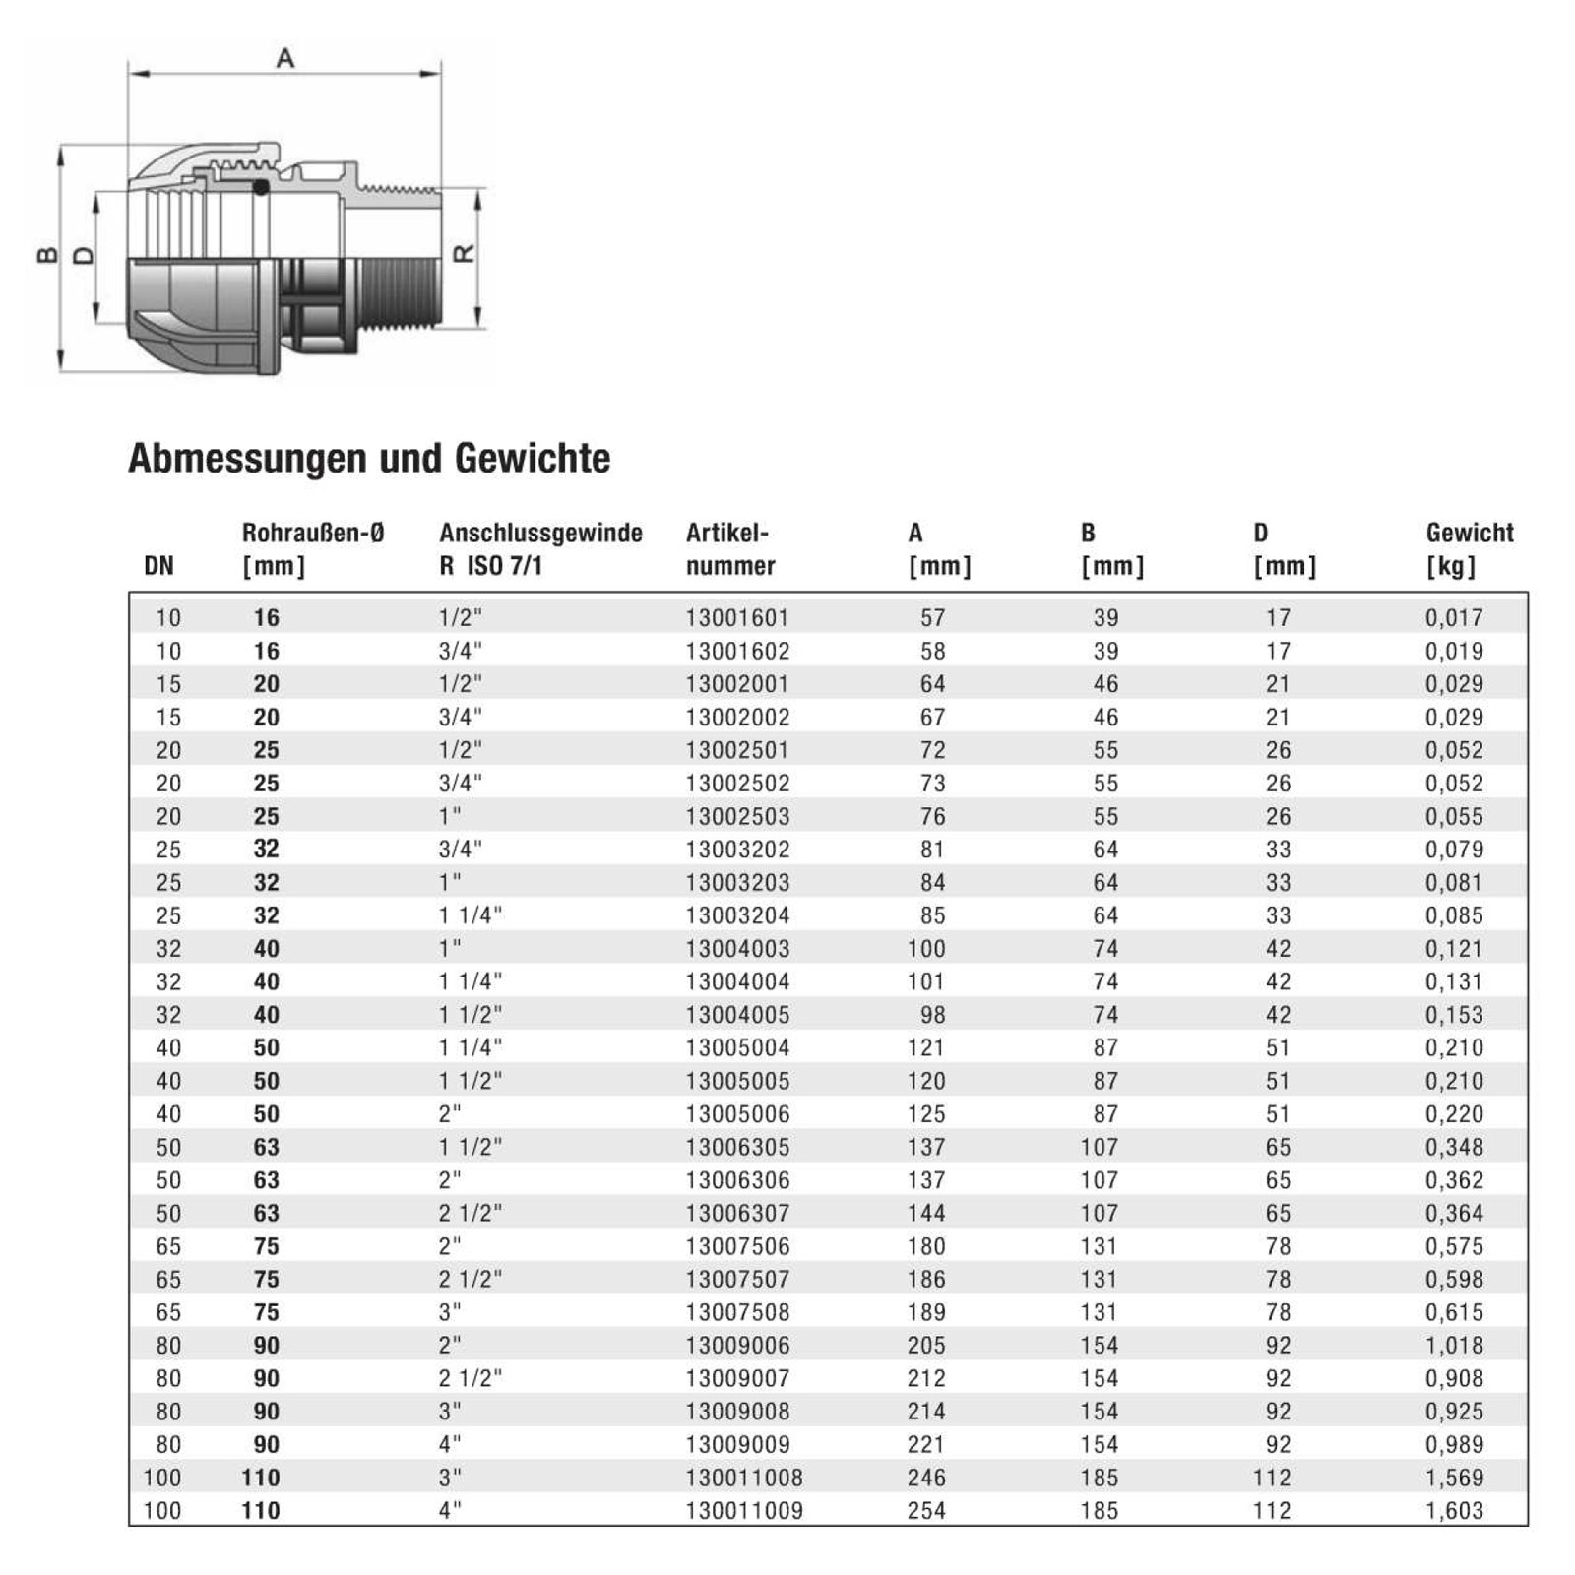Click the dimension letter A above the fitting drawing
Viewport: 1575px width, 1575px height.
285,58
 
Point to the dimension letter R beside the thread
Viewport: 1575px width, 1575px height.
464,254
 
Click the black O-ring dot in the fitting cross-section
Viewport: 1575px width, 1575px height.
261,187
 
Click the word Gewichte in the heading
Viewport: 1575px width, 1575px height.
532,459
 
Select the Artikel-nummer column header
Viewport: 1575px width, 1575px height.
729,549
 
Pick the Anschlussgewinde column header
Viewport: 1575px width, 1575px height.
540,549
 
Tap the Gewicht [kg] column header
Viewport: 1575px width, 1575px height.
1469,549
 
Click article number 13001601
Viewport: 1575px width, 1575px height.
737,618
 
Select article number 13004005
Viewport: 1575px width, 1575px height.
737,1015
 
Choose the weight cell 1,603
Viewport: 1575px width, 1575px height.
1454,1511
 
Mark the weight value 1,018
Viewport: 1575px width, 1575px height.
1454,1346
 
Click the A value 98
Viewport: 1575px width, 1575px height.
932,1015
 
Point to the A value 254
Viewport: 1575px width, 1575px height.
926,1511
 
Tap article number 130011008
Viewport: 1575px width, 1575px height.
744,1478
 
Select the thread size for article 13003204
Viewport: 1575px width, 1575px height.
471,915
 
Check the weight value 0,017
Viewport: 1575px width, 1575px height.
1454,618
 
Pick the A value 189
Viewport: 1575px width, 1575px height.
926,1312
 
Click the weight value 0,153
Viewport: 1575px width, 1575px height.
1454,1015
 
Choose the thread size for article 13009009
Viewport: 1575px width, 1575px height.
450,1445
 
